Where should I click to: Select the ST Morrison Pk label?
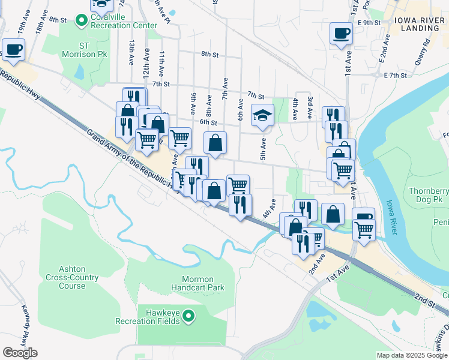click(x=92, y=50)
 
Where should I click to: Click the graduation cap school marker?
click(x=262, y=115)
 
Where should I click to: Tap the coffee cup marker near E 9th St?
click(x=341, y=33)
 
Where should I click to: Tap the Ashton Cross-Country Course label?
click(x=72, y=278)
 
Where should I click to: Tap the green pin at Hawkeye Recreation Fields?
click(x=188, y=315)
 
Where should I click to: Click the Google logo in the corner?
click(x=19, y=353)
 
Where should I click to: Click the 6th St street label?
click(x=208, y=122)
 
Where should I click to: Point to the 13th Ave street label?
click(x=131, y=53)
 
